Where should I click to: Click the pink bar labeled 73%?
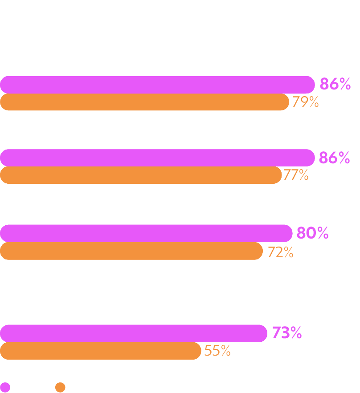[x=134, y=333]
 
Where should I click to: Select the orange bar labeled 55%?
[x=101, y=351]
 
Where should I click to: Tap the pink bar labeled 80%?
[x=146, y=233]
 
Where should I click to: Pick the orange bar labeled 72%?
[x=131, y=251]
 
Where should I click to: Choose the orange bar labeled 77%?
[x=141, y=175]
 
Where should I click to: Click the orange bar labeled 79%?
[x=144, y=102]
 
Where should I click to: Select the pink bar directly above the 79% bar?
[x=158, y=85]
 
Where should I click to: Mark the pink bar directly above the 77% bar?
[x=158, y=158]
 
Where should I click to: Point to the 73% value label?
[x=287, y=333]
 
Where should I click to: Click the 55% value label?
[x=217, y=351]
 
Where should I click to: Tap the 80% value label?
[x=312, y=233]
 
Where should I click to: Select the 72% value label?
[x=280, y=252]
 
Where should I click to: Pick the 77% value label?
[x=296, y=175]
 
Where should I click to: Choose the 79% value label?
[x=306, y=102]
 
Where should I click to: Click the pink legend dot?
[x=5, y=387]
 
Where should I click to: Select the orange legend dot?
[x=60, y=387]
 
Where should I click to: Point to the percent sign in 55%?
[x=225, y=351]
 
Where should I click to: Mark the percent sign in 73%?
[x=296, y=333]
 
